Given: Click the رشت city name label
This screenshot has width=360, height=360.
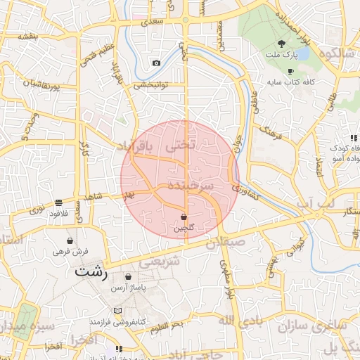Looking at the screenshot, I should click(91, 271).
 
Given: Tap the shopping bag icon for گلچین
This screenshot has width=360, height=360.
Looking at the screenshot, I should click(184, 217).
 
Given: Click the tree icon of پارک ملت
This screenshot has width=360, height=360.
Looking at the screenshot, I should click(282, 43).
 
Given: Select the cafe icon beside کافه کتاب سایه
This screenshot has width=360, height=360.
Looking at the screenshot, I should click(290, 72).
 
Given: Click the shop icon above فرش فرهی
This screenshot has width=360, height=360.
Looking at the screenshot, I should click(70, 240).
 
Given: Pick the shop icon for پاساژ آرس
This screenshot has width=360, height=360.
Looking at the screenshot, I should click(127, 276).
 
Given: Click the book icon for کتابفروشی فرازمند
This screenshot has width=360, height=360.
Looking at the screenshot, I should click(117, 311).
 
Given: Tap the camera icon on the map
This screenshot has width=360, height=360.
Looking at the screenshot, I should click(156, 63).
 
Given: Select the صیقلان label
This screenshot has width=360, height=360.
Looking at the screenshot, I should click(225, 243).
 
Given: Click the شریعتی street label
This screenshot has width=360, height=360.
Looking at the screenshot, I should click(160, 261).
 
